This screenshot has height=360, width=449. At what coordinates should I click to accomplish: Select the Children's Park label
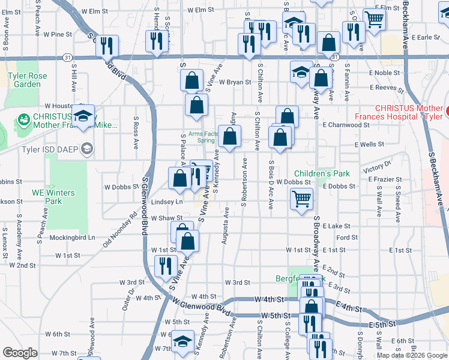[321, 173]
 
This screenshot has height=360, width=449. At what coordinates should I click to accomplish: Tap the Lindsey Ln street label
[166, 202]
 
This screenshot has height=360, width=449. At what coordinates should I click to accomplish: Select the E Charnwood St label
[346, 125]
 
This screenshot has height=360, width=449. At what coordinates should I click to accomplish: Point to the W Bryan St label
[235, 82]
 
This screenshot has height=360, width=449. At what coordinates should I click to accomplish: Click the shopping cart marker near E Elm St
[375, 19]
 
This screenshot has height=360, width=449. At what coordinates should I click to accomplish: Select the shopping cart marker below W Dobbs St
[301, 198]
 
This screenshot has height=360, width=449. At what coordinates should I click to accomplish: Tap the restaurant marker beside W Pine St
[107, 45]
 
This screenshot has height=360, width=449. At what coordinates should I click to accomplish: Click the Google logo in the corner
[20, 353]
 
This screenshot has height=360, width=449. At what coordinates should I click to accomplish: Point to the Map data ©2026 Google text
[411, 355]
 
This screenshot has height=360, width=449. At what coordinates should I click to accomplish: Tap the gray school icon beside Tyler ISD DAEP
[88, 149]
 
